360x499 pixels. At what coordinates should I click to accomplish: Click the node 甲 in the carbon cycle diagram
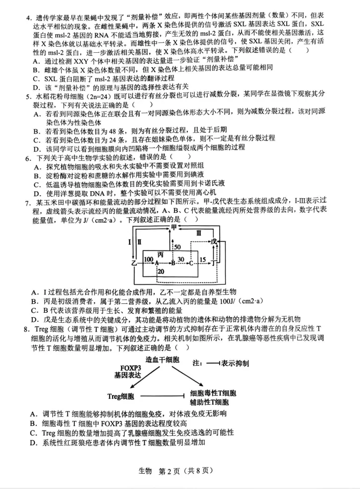(x=174, y=227)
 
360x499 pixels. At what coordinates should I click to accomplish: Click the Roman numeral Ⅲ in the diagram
(x=198, y=233)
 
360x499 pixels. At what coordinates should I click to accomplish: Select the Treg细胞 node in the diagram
(x=121, y=396)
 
